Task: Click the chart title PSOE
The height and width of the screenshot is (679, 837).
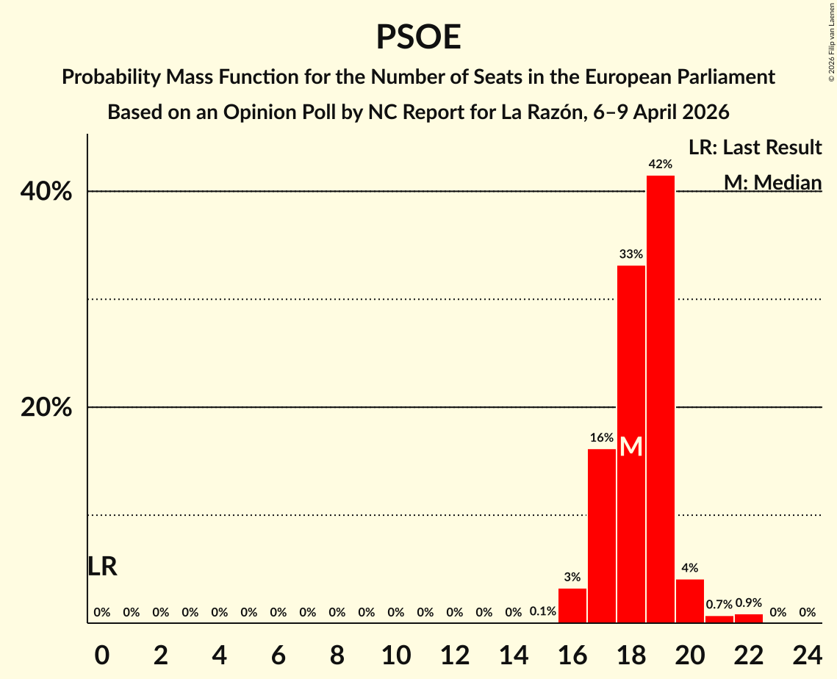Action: tap(418, 37)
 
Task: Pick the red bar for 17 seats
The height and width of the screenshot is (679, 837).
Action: tap(602, 536)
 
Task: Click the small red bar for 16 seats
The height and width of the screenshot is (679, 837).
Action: tap(572, 606)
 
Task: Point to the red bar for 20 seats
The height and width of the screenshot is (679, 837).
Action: tap(690, 601)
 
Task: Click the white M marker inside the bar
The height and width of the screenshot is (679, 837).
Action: tap(631, 447)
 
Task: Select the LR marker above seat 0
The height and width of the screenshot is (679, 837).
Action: tap(102, 567)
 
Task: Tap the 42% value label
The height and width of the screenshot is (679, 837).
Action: tap(661, 165)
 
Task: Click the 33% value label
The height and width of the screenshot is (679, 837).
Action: tap(631, 254)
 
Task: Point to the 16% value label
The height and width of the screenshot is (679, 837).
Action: tap(602, 438)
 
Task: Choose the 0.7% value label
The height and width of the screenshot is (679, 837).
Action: tap(719, 605)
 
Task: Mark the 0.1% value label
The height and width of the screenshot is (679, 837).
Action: tap(543, 611)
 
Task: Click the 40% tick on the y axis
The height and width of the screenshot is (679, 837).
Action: tap(46, 192)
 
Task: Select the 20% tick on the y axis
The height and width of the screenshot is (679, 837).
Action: tap(46, 408)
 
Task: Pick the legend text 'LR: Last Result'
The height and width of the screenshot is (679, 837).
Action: tap(755, 148)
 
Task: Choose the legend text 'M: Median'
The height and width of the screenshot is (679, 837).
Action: tap(772, 182)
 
